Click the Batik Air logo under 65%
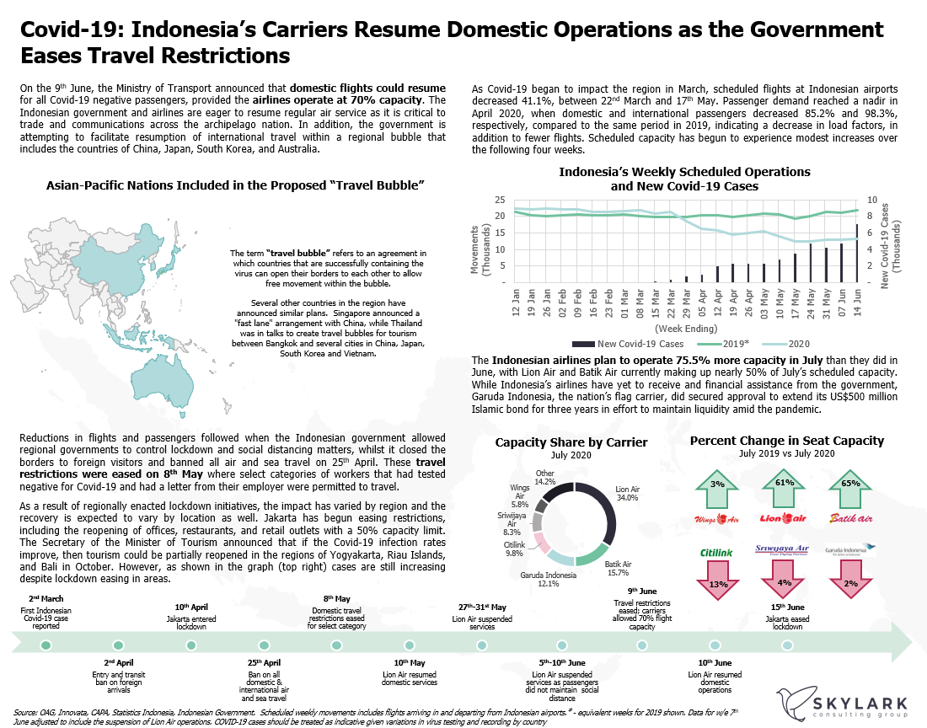(851, 517)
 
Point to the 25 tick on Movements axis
(501, 200)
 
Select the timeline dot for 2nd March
(46, 645)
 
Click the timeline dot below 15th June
(787, 645)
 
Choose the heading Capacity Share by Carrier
(571, 442)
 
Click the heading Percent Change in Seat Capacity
(786, 441)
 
